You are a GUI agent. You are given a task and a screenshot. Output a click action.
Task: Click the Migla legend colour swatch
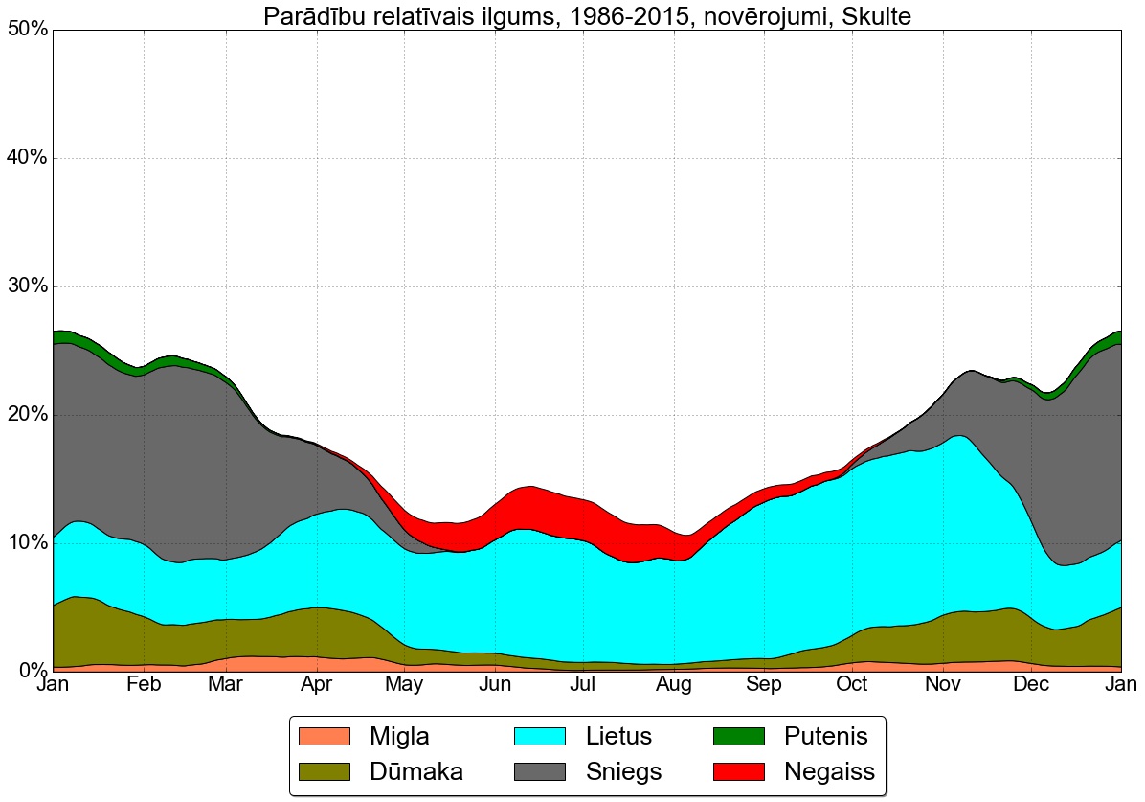pyautogui.click(x=325, y=736)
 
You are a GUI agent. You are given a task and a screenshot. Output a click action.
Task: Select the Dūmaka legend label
pyautogui.click(x=416, y=771)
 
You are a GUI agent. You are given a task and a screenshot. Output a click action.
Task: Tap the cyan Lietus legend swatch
pyautogui.click(x=541, y=736)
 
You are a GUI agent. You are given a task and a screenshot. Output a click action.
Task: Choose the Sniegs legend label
pyautogui.click(x=623, y=771)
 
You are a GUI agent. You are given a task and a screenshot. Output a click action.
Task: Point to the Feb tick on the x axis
pyautogui.click(x=144, y=686)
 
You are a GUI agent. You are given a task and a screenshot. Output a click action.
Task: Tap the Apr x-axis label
pyautogui.click(x=316, y=686)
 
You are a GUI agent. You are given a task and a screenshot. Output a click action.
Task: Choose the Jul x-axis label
pyautogui.click(x=583, y=686)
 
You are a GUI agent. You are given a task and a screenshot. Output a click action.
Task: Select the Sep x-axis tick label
pyautogui.click(x=763, y=686)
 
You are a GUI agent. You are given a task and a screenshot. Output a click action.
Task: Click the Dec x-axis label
pyautogui.click(x=1031, y=686)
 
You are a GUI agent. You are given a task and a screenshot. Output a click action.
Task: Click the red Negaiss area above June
pyautogui.click(x=522, y=506)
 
